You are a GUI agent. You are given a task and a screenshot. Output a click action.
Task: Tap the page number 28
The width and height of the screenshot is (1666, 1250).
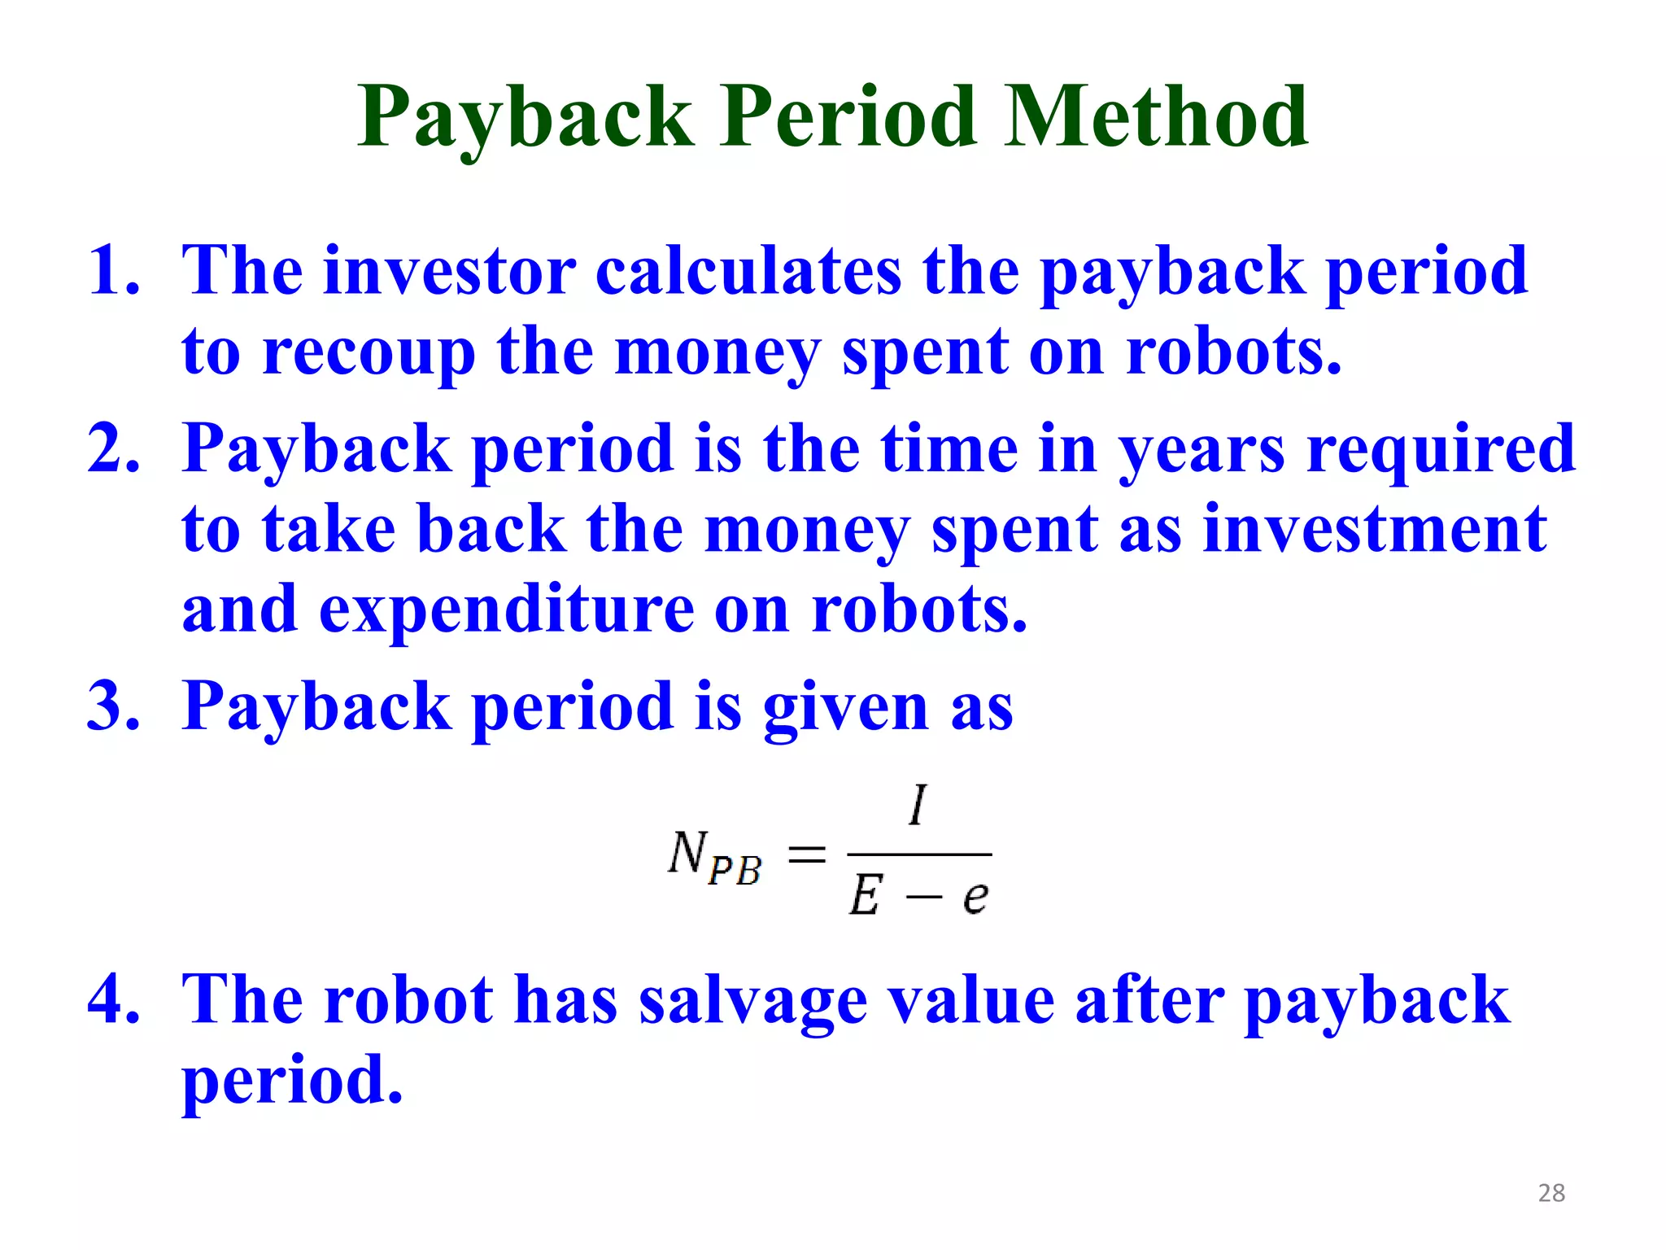click(x=1551, y=1193)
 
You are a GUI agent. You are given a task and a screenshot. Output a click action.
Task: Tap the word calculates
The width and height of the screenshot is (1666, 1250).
click(x=748, y=270)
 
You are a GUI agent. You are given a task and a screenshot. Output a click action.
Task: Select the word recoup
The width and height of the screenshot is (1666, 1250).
click(x=369, y=352)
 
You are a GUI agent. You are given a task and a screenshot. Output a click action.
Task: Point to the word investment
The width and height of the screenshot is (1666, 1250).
click(x=1374, y=529)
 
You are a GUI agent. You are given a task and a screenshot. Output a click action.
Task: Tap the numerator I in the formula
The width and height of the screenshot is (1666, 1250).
click(x=918, y=805)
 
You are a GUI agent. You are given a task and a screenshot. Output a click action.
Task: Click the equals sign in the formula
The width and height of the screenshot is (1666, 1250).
click(x=807, y=854)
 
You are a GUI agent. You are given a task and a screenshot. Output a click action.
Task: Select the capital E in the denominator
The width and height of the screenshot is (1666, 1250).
click(x=865, y=897)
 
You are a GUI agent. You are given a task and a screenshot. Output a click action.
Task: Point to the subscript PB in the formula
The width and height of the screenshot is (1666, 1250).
click(x=735, y=870)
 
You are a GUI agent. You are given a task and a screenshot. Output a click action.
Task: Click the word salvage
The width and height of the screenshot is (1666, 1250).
click(x=752, y=1000)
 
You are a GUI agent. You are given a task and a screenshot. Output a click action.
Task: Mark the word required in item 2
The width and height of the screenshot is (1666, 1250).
click(x=1441, y=449)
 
